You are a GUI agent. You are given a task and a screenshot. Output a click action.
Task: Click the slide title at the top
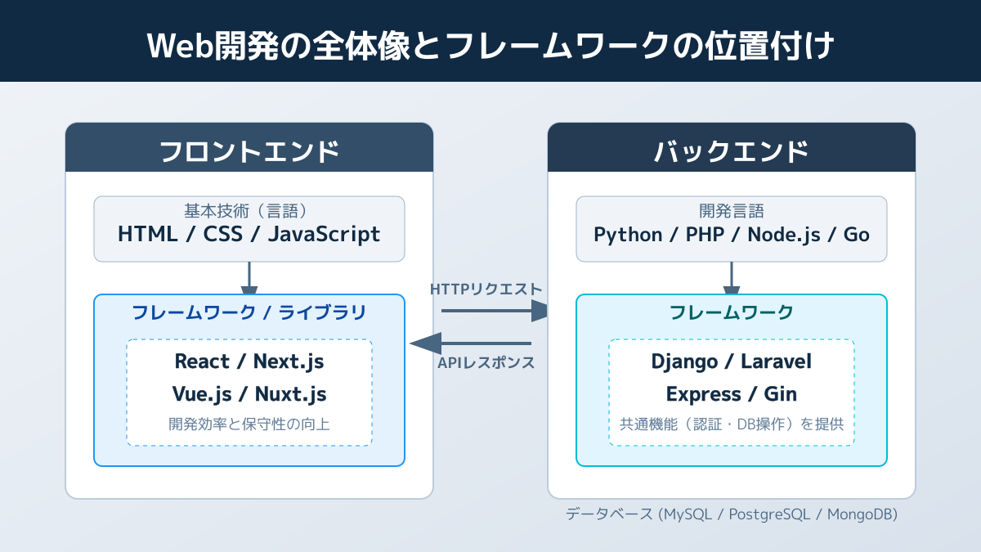pos(490,45)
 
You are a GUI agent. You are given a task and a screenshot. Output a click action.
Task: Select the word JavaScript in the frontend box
pos(325,235)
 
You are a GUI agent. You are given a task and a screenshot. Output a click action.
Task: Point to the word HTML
pos(147,235)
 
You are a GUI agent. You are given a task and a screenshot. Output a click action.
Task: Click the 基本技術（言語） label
pos(249,211)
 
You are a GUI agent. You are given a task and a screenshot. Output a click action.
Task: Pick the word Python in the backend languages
pos(628,235)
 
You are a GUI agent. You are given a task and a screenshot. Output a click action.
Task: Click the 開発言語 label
pos(731,211)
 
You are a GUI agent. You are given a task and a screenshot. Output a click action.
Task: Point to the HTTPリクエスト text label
pos(486,289)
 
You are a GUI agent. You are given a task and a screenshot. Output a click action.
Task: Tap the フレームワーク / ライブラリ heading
pos(249,312)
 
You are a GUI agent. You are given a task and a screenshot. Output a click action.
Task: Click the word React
pos(202,361)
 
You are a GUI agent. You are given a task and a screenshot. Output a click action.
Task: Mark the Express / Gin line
pos(731,394)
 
